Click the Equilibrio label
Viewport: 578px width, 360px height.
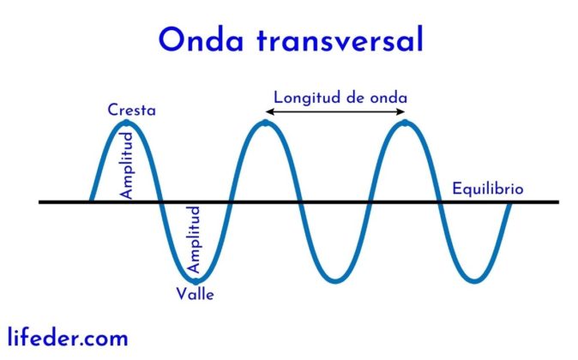click(x=487, y=189)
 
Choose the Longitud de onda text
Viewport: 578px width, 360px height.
click(x=340, y=96)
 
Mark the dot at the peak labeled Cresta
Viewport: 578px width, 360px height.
click(x=127, y=123)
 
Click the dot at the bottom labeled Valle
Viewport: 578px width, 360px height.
click(x=196, y=280)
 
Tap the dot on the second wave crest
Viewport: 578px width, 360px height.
click(x=266, y=123)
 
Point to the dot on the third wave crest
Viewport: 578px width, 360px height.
click(x=405, y=123)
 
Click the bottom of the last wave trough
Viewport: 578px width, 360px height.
click(x=474, y=280)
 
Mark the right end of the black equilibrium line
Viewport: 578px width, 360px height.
click(x=557, y=202)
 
